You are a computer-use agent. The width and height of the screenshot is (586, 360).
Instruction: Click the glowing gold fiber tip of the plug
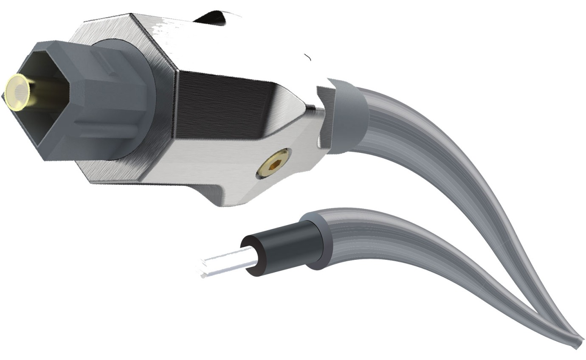point(18,92)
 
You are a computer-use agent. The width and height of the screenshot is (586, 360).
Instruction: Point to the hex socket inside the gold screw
point(274,164)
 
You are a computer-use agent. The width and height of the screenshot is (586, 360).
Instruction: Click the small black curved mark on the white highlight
point(308,57)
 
